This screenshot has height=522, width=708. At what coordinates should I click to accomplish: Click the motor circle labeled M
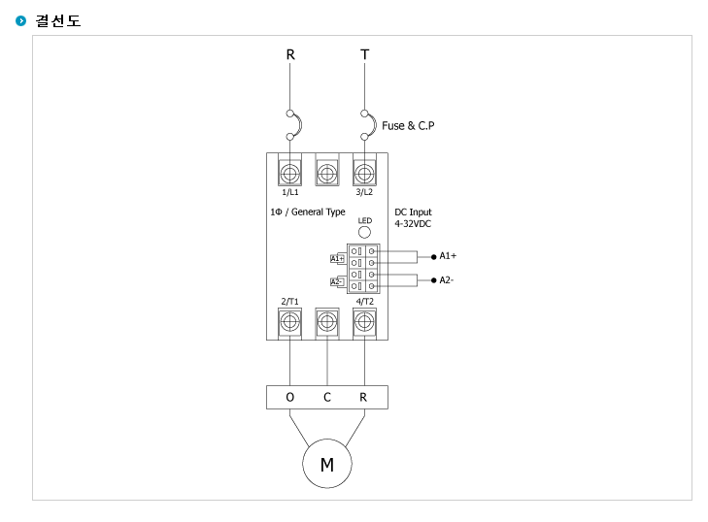coord(327,464)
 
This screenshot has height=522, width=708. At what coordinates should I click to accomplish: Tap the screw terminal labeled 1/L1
coord(289,174)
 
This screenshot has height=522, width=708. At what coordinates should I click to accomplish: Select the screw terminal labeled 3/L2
coord(364,174)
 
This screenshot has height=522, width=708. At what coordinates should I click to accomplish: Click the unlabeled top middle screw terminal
coord(327,174)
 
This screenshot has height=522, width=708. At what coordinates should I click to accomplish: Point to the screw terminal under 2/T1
coord(289,322)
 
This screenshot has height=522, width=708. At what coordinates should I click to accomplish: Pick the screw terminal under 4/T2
coord(364,322)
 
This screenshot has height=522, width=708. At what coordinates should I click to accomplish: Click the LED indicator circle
coord(364,232)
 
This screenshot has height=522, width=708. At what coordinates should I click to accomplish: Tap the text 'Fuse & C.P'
coord(408,125)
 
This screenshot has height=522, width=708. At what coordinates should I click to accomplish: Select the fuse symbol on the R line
coord(293,125)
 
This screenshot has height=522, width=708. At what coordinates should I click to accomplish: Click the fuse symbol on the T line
coord(368,125)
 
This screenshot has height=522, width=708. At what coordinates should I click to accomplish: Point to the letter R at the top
coord(290,54)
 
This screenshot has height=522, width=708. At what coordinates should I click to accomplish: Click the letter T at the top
coord(365,54)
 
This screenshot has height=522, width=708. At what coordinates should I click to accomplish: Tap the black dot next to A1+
coord(433,257)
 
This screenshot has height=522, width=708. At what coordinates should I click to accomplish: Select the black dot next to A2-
coord(433,280)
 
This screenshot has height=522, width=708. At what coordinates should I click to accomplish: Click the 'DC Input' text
coord(413,212)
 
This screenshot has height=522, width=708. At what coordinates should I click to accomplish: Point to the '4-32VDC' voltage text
coord(413,224)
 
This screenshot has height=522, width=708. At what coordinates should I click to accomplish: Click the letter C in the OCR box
coord(327,397)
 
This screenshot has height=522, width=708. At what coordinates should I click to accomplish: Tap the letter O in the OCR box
coord(289,397)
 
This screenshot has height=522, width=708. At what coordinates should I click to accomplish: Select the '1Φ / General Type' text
coord(308,212)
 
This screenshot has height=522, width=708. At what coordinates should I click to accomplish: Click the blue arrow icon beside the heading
coord(20,20)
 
